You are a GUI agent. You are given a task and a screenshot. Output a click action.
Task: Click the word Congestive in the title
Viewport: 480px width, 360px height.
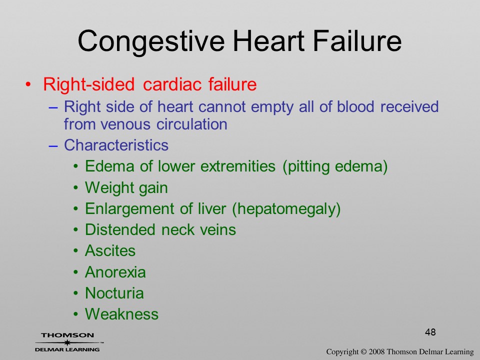point(151,41)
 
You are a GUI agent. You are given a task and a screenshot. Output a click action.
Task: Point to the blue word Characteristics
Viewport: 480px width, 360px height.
point(116,145)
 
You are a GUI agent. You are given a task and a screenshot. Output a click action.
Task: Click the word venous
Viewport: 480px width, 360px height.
point(125,124)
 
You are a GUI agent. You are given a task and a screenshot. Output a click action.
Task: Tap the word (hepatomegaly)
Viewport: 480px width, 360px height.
point(286,209)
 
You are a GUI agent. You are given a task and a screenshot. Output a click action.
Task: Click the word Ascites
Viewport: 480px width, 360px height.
point(110,250)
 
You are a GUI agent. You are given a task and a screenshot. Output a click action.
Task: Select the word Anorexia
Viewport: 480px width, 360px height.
point(115,272)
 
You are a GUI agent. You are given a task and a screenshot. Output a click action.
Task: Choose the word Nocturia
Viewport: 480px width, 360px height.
point(114,293)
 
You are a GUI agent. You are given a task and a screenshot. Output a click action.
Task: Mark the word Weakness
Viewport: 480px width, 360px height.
point(122,314)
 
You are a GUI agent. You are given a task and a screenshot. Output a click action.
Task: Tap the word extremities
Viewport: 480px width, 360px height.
point(238,166)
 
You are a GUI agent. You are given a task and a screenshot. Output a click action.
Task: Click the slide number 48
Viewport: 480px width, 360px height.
point(430,332)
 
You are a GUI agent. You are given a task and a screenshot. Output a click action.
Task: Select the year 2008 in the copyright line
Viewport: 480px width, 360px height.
point(377,351)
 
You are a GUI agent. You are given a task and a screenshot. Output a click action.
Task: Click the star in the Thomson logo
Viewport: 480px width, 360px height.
point(67,342)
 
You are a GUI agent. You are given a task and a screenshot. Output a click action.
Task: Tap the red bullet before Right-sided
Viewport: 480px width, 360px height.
point(28,84)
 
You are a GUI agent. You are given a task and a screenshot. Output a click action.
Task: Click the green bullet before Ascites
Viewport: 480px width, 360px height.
point(75,251)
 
